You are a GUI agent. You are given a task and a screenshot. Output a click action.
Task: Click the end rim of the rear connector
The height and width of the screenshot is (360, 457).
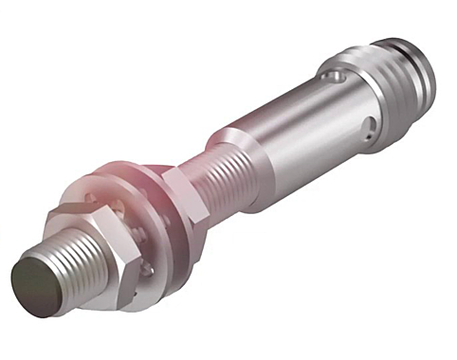click(431, 71)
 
